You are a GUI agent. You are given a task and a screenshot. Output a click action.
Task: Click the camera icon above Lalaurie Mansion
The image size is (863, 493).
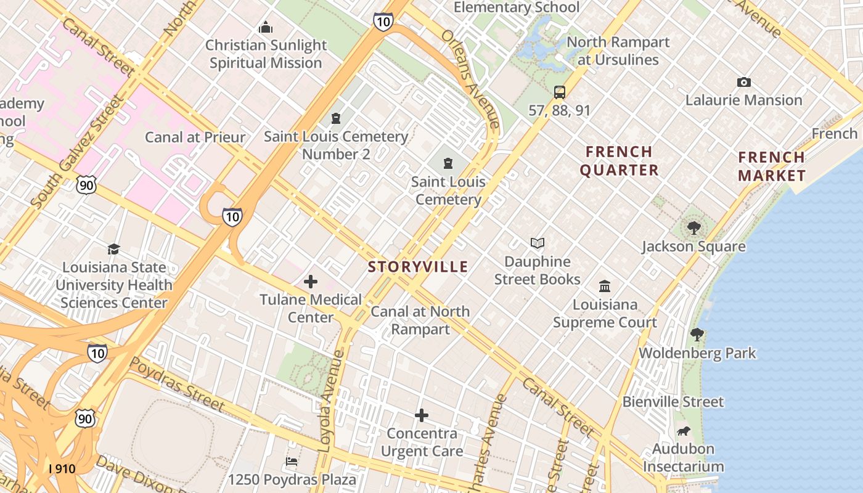(744, 82)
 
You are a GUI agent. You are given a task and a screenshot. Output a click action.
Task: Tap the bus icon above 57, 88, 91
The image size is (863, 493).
(560, 92)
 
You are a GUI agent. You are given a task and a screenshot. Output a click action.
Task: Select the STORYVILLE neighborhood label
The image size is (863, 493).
(418, 267)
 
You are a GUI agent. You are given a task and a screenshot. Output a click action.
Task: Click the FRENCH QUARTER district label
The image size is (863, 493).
(619, 161)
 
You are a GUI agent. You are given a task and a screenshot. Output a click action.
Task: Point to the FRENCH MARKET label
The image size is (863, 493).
(771, 166)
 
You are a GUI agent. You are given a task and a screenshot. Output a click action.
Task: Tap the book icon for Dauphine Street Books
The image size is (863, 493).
(538, 243)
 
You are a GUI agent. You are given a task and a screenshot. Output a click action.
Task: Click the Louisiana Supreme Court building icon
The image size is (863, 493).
(605, 287)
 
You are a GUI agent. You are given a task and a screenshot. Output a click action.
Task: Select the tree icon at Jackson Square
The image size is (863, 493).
(694, 228)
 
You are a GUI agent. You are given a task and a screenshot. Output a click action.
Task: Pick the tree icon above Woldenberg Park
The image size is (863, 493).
(697, 335)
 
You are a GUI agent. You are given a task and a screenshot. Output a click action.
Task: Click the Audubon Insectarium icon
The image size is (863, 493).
(684, 431)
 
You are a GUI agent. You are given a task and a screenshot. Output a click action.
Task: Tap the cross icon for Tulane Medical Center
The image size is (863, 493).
(311, 282)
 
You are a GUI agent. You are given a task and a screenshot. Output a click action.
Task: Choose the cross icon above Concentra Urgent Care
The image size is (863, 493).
(422, 415)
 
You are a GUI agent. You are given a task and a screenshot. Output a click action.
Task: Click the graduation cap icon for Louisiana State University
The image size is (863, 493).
(113, 249)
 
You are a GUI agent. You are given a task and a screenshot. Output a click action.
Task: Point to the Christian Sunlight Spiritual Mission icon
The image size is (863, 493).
(266, 27)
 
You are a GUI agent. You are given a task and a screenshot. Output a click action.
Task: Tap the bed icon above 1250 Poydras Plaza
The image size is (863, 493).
(292, 461)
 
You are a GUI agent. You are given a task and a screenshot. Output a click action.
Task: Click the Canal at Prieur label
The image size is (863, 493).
(195, 137)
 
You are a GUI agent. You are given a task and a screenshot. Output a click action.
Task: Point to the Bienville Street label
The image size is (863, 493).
(673, 402)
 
